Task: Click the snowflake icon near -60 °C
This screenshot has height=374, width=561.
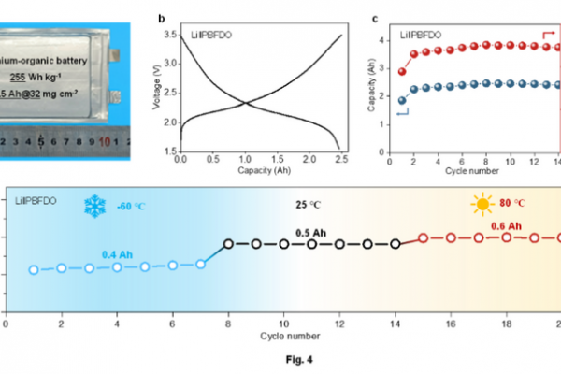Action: pyautogui.click(x=96, y=207)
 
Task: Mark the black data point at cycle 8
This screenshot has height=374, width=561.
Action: pyautogui.click(x=228, y=244)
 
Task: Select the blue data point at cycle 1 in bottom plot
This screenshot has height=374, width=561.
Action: pyautogui.click(x=34, y=270)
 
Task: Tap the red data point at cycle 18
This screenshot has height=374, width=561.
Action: pyautogui.click(x=506, y=237)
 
